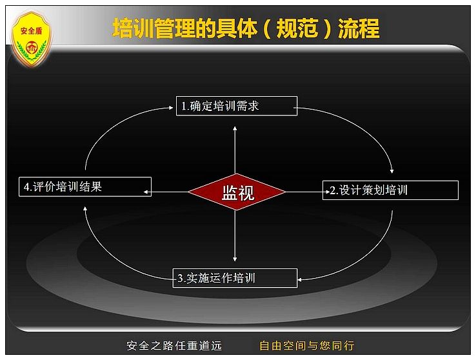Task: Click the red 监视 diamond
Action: click(x=237, y=192)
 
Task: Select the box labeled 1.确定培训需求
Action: click(x=237, y=106)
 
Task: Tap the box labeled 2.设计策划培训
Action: click(x=390, y=190)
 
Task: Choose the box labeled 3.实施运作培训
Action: click(x=235, y=277)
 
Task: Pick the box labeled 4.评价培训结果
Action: click(x=85, y=186)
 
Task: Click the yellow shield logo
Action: click(x=31, y=39)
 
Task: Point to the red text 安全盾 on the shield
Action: click(x=31, y=31)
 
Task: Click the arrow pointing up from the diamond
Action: click(x=235, y=150)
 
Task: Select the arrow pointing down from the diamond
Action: click(x=235, y=235)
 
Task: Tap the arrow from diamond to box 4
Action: click(x=166, y=192)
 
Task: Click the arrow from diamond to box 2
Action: click(x=308, y=192)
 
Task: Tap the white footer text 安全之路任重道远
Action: click(x=174, y=346)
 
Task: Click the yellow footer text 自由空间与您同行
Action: click(x=307, y=346)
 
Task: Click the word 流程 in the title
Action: click(x=359, y=28)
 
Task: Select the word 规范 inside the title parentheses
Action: click(x=297, y=28)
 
